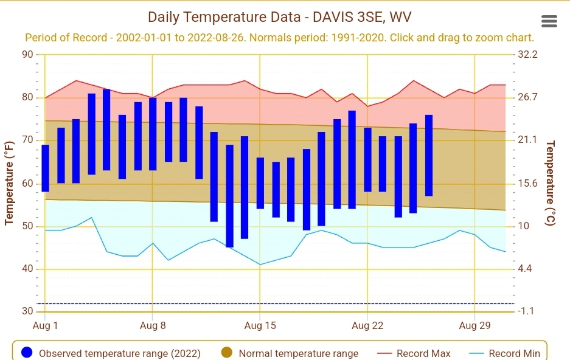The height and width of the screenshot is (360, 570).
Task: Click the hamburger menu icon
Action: point(549,21)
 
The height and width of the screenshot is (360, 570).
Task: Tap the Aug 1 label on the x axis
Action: point(45,325)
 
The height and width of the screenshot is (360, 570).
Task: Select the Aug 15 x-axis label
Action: point(260,325)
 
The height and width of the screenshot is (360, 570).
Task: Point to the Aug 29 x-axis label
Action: point(474,325)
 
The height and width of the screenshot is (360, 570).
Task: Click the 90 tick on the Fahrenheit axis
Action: point(27,55)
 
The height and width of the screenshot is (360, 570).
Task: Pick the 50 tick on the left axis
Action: point(27,226)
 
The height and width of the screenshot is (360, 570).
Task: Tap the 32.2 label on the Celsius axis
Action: point(527,55)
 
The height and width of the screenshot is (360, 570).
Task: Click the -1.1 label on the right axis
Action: point(526,311)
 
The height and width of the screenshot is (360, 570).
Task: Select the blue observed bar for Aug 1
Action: point(46,168)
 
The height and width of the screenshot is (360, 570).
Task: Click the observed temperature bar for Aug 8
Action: point(153,134)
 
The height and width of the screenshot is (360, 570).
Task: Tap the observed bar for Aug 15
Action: point(260,183)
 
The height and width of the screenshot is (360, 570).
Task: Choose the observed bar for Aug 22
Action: point(368,159)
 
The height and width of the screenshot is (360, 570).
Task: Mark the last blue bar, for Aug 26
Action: point(429,156)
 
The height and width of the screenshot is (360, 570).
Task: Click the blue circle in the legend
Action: point(27,352)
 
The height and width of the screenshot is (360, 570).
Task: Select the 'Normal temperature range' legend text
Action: point(299,353)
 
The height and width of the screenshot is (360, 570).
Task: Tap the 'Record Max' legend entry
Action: point(414,353)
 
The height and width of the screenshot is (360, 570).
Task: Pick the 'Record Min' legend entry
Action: point(504,353)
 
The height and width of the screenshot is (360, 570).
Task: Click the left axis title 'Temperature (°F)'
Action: point(9,183)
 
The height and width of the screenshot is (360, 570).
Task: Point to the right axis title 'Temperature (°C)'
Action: point(551,183)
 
